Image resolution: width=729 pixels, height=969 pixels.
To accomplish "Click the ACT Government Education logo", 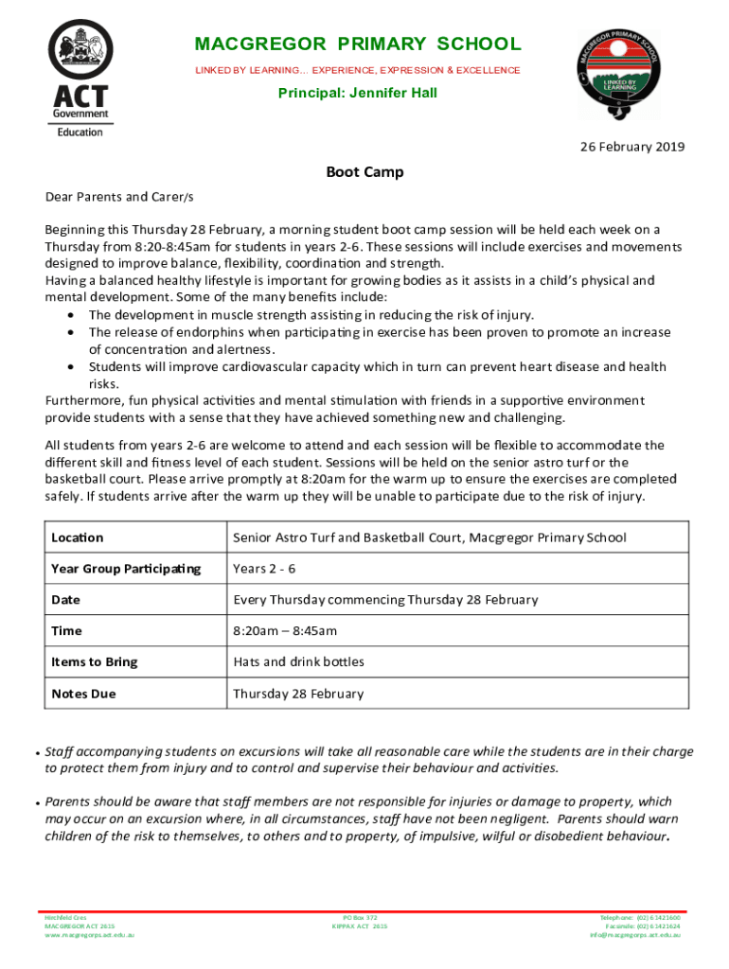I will tap(80, 79).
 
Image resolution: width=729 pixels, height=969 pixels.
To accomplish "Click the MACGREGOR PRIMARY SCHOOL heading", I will tap(358, 44).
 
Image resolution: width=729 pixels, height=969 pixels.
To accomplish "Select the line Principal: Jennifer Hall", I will tap(358, 94).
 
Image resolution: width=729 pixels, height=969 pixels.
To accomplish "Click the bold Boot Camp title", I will tap(364, 172).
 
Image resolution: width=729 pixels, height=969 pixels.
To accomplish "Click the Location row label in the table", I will tap(78, 537).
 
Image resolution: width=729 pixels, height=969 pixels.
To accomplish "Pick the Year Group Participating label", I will tap(126, 569).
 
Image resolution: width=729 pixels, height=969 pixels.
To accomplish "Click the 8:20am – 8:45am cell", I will tap(285, 631).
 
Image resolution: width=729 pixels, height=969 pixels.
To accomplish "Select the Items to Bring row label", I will tap(95, 662).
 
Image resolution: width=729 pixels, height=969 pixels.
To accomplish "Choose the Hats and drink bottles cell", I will tap(298, 662).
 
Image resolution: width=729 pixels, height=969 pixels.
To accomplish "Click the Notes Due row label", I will tap(84, 694).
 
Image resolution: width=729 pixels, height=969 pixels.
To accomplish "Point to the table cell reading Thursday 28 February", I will tap(298, 694).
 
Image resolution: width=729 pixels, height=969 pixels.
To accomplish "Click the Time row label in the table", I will tap(67, 631).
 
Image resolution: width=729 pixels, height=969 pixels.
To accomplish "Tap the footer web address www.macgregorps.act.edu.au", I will tap(90, 935).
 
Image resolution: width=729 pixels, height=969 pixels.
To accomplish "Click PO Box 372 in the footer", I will tap(360, 918).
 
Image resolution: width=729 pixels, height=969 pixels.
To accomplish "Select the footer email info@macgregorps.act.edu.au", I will tap(635, 935).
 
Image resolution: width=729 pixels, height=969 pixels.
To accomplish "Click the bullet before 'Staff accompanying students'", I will tap(36, 754).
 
